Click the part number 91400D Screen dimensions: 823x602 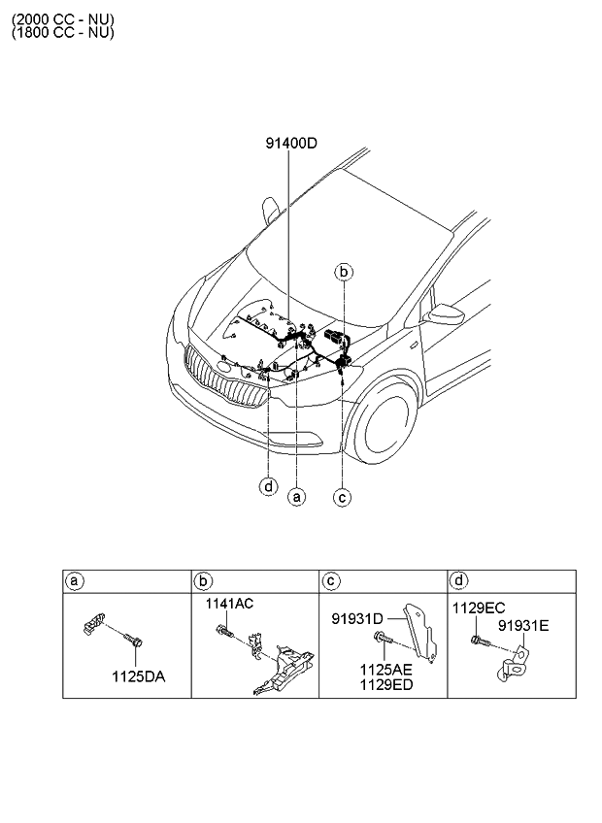(292, 144)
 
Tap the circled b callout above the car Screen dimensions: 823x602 (344, 272)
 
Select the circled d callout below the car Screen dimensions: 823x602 (268, 486)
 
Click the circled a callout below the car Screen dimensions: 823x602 (297, 497)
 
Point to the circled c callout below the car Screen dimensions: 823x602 (342, 497)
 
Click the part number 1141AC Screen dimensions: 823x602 (228, 604)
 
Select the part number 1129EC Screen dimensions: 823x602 (479, 608)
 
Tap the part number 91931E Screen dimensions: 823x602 (523, 626)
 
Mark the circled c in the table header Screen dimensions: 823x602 (331, 580)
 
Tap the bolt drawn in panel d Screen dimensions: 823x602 (478, 641)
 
